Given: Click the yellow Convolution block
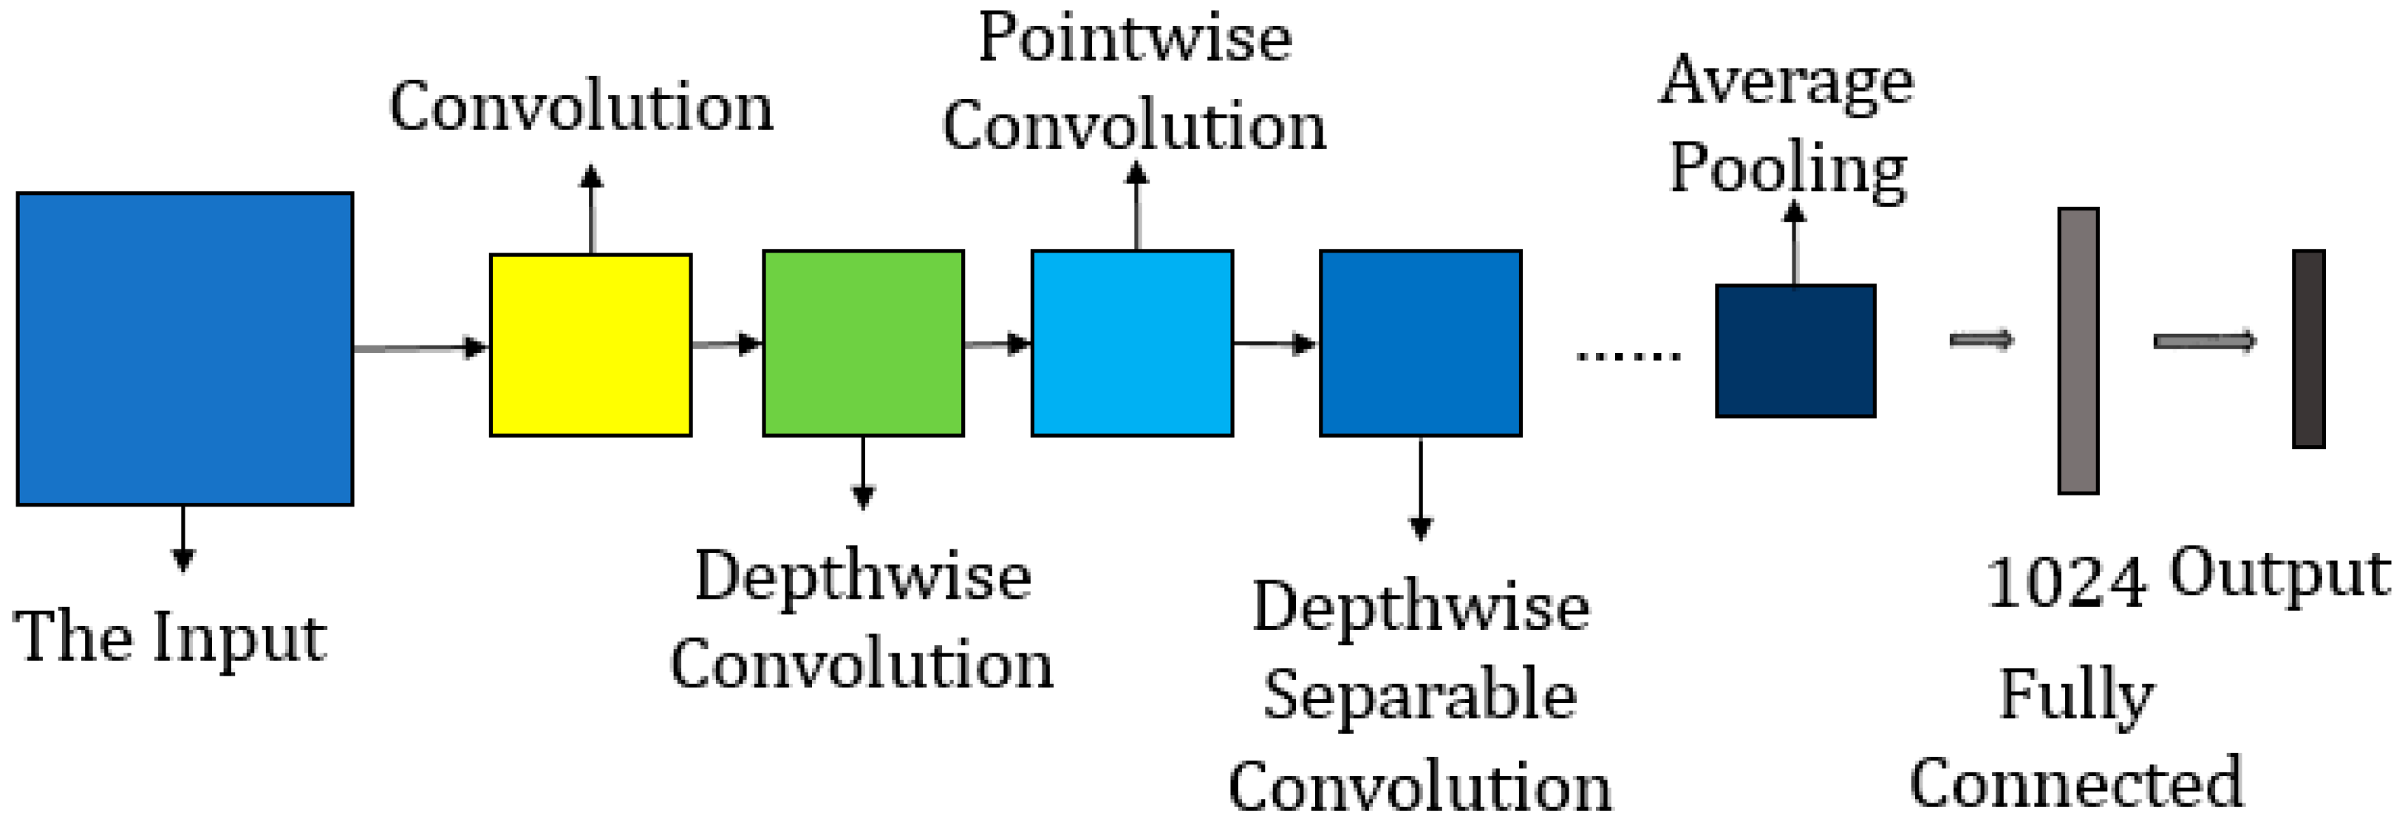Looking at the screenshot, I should [x=590, y=345].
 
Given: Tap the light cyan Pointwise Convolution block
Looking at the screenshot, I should [x=1132, y=343].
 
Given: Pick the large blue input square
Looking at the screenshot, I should [x=185, y=349].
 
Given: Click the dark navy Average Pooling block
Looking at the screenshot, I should [x=1795, y=351].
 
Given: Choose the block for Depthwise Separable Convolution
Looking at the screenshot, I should [x=1420, y=343].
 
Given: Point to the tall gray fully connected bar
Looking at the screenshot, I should [x=2078, y=351].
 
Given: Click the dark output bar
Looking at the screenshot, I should [x=2309, y=349].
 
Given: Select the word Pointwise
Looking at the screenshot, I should [x=1135, y=39].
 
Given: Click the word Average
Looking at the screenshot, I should [x=1786, y=82].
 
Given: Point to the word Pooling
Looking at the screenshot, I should [x=1787, y=170].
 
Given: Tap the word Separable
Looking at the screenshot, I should [x=1419, y=696].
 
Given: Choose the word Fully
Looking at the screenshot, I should [x=2077, y=696].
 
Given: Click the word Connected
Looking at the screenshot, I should [x=2077, y=783].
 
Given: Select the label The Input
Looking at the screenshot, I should [x=170, y=638].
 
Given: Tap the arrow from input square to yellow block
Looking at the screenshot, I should [x=420, y=348].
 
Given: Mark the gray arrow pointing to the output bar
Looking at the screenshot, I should [x=2204, y=342].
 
